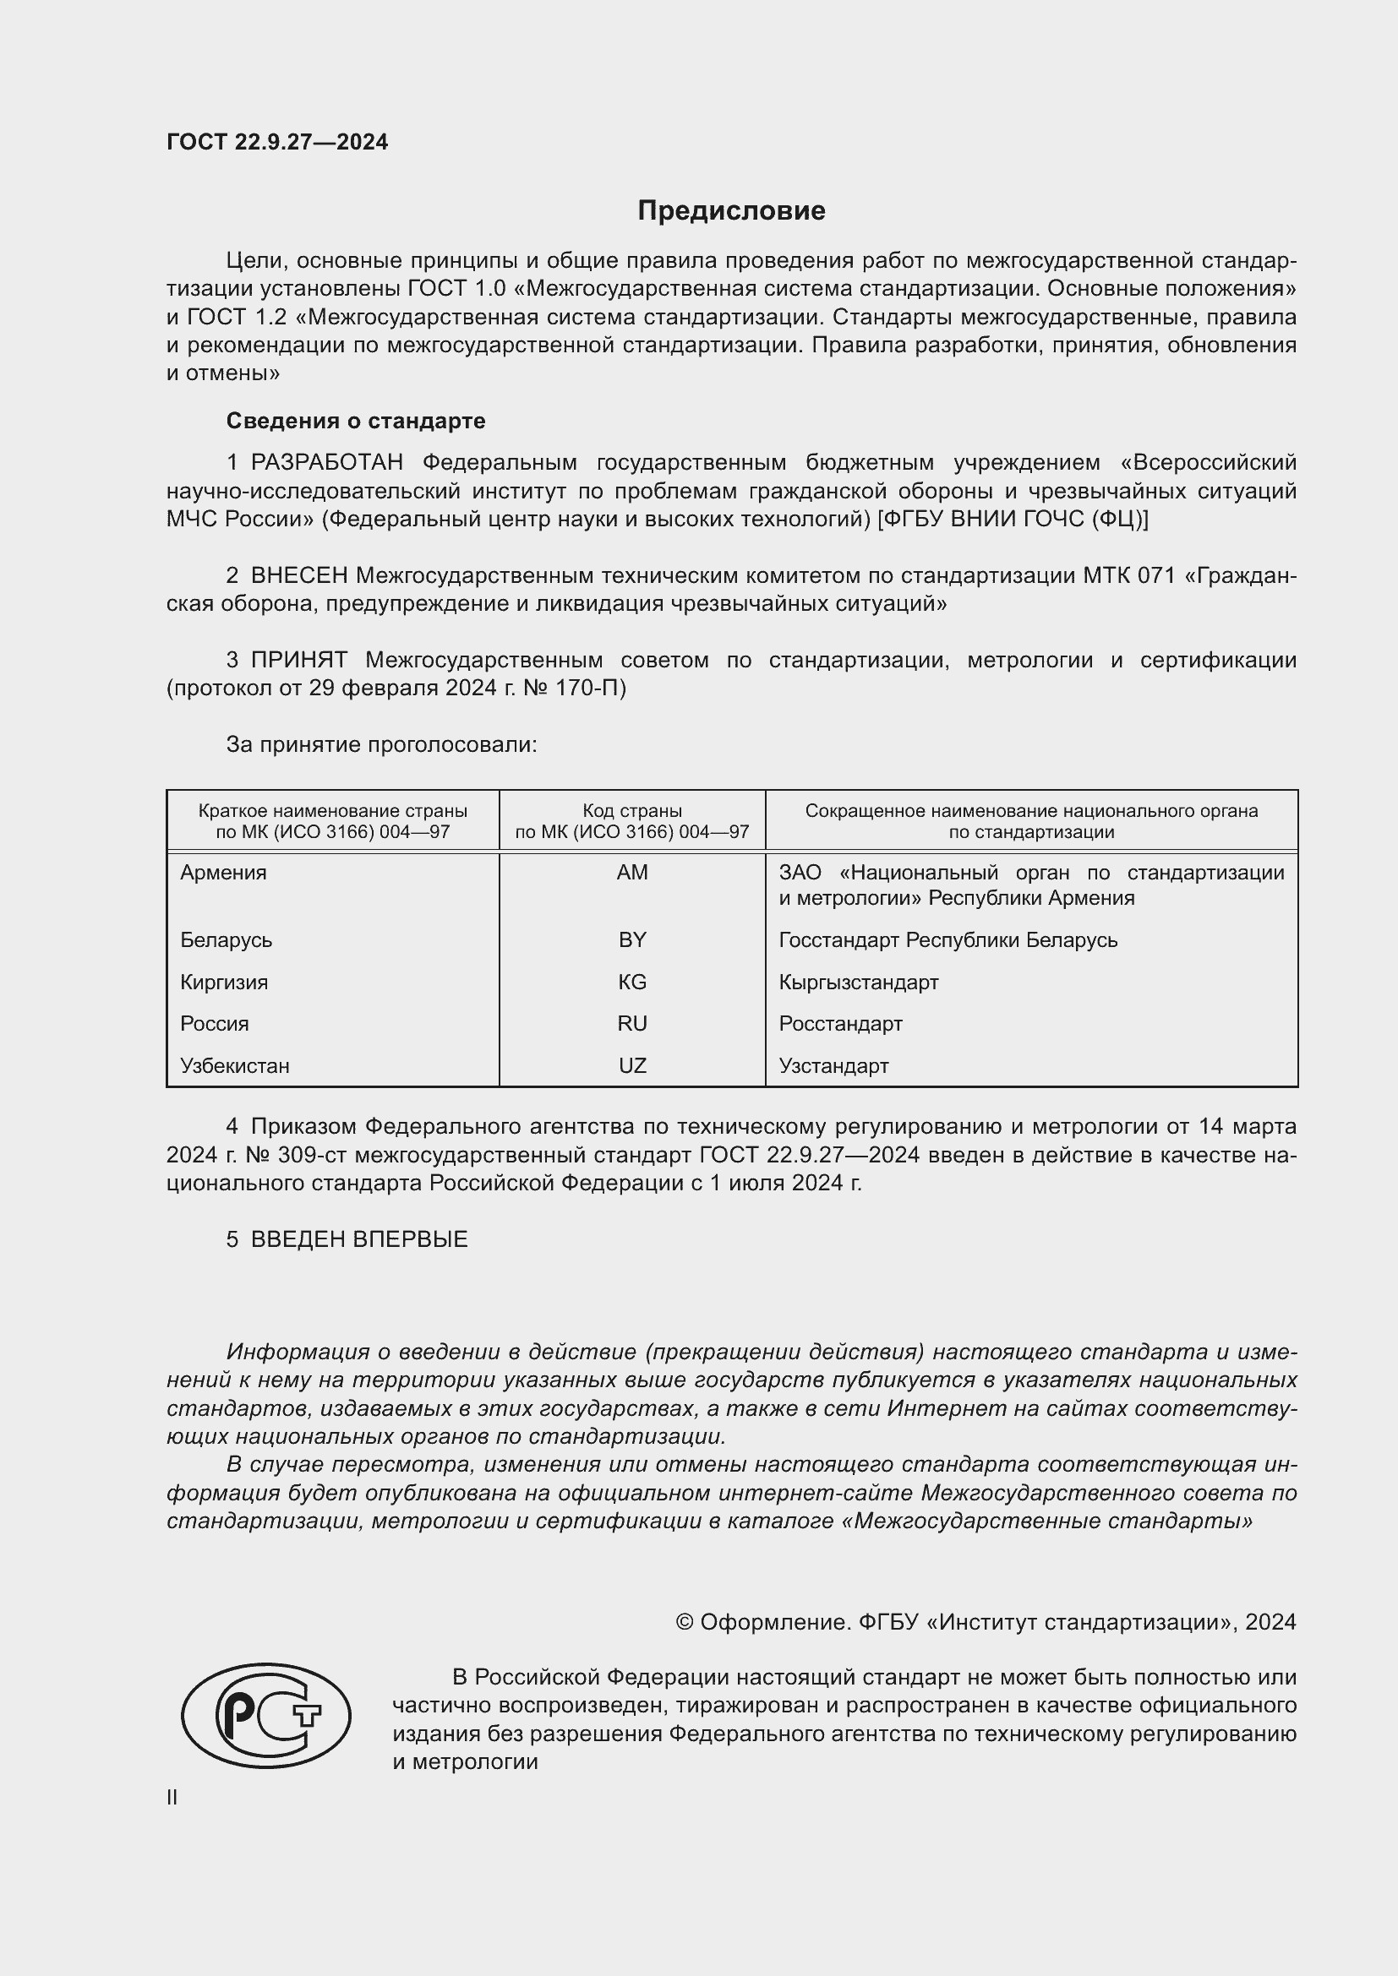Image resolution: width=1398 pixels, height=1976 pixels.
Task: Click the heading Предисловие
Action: tap(731, 211)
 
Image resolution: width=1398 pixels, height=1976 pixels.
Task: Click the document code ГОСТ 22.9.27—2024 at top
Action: tap(277, 142)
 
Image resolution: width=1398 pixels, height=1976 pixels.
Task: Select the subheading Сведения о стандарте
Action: tap(356, 421)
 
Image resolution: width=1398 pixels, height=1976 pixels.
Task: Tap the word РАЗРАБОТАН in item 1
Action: tap(327, 462)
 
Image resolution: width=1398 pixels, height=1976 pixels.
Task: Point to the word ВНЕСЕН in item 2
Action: tap(299, 575)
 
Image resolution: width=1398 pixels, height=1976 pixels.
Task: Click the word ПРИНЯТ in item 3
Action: tap(298, 660)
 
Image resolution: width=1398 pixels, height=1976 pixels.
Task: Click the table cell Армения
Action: tap(224, 873)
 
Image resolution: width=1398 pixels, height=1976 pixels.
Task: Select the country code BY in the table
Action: tap(632, 939)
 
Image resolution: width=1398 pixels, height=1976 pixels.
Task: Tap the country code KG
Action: tap(632, 982)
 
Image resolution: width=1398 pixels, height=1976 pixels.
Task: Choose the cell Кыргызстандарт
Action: tap(858, 982)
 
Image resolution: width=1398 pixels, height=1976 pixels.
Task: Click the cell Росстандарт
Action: tap(840, 1023)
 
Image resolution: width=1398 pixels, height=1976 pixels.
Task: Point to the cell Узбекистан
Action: tap(235, 1065)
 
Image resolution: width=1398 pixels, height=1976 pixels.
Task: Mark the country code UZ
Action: tap(632, 1065)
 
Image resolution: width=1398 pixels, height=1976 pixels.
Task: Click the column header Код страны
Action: tap(632, 811)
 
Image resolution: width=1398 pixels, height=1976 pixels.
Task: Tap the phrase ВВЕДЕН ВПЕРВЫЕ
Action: tap(359, 1239)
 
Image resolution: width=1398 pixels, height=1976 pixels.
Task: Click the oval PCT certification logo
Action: tap(266, 1715)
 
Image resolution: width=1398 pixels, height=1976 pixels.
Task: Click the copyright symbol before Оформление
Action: tap(685, 1622)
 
